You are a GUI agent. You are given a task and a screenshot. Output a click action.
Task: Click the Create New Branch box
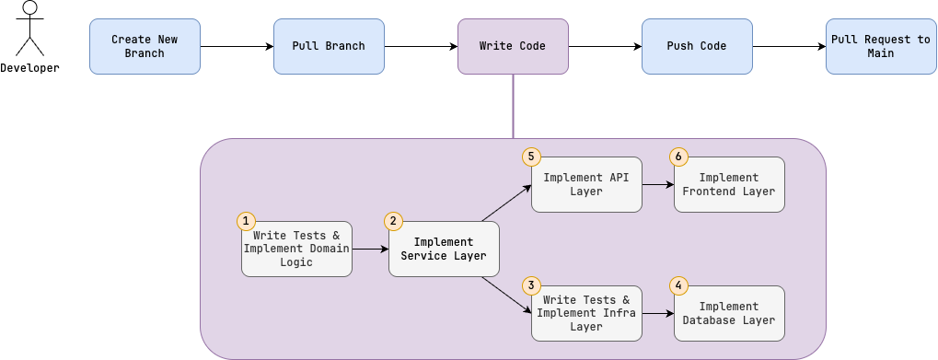(145, 46)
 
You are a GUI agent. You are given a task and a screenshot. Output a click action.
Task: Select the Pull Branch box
(329, 46)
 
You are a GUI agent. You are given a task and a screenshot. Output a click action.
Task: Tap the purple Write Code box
(513, 46)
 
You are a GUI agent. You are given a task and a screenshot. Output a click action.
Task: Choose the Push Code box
(697, 46)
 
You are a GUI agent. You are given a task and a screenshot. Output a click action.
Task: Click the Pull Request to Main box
(881, 46)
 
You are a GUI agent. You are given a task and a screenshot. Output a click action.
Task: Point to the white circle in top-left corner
(29, 7)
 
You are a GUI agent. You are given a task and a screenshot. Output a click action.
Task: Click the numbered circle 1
(246, 221)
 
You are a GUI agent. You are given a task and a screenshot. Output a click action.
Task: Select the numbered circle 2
(393, 221)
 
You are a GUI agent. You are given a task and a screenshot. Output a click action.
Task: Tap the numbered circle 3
(531, 285)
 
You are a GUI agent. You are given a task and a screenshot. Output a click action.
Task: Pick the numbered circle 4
(678, 285)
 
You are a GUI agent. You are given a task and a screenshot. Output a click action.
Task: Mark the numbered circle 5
(531, 157)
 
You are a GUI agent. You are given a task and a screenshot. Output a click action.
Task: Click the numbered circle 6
(678, 157)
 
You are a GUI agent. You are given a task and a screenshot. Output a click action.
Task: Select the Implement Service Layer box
(444, 250)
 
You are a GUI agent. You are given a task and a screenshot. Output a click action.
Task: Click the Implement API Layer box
(586, 184)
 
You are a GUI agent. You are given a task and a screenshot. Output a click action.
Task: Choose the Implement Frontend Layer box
(729, 184)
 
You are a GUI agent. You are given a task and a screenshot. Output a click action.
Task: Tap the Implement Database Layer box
(729, 313)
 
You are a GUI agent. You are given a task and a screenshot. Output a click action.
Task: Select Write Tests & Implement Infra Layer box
(586, 313)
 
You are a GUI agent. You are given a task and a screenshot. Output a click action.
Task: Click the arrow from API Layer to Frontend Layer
(657, 184)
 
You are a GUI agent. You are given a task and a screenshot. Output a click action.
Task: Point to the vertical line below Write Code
(513, 106)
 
